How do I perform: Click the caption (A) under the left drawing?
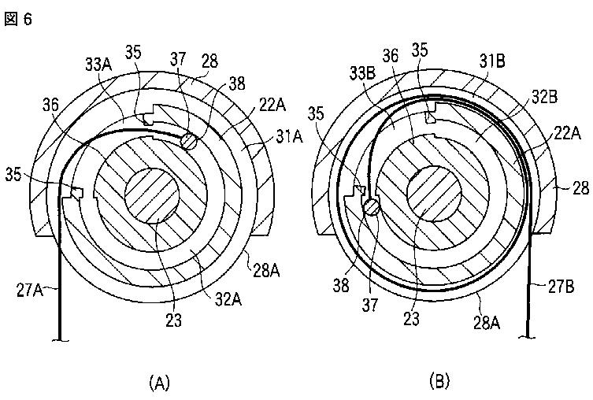tap(159, 383)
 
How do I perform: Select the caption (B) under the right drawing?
tap(439, 383)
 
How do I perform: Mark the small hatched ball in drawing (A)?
tap(190, 141)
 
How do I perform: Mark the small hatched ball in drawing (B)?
tap(372, 206)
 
